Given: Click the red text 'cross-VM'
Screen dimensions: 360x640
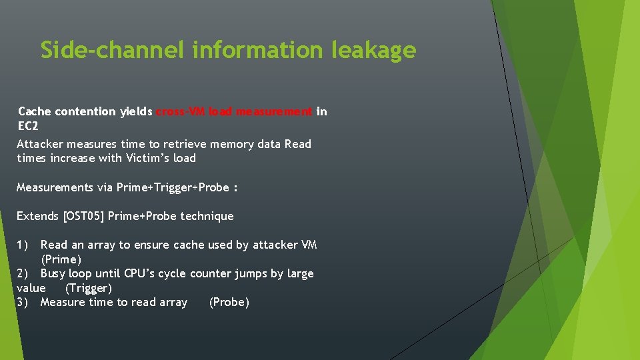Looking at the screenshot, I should tap(180, 111).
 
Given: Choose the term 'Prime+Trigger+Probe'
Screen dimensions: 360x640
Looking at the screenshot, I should tap(173, 187).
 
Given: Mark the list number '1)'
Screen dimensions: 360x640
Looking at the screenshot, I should tap(23, 245).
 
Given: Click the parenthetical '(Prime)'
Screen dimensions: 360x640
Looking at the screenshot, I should tap(61, 259).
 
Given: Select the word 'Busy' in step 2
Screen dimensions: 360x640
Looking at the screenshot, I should tap(54, 273).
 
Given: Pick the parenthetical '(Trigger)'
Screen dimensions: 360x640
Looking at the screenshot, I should tap(89, 288).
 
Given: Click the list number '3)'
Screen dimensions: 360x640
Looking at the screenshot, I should tap(23, 302).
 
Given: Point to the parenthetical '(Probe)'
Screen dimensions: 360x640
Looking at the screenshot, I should tap(229, 302).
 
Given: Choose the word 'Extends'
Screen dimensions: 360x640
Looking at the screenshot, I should tap(37, 216).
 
